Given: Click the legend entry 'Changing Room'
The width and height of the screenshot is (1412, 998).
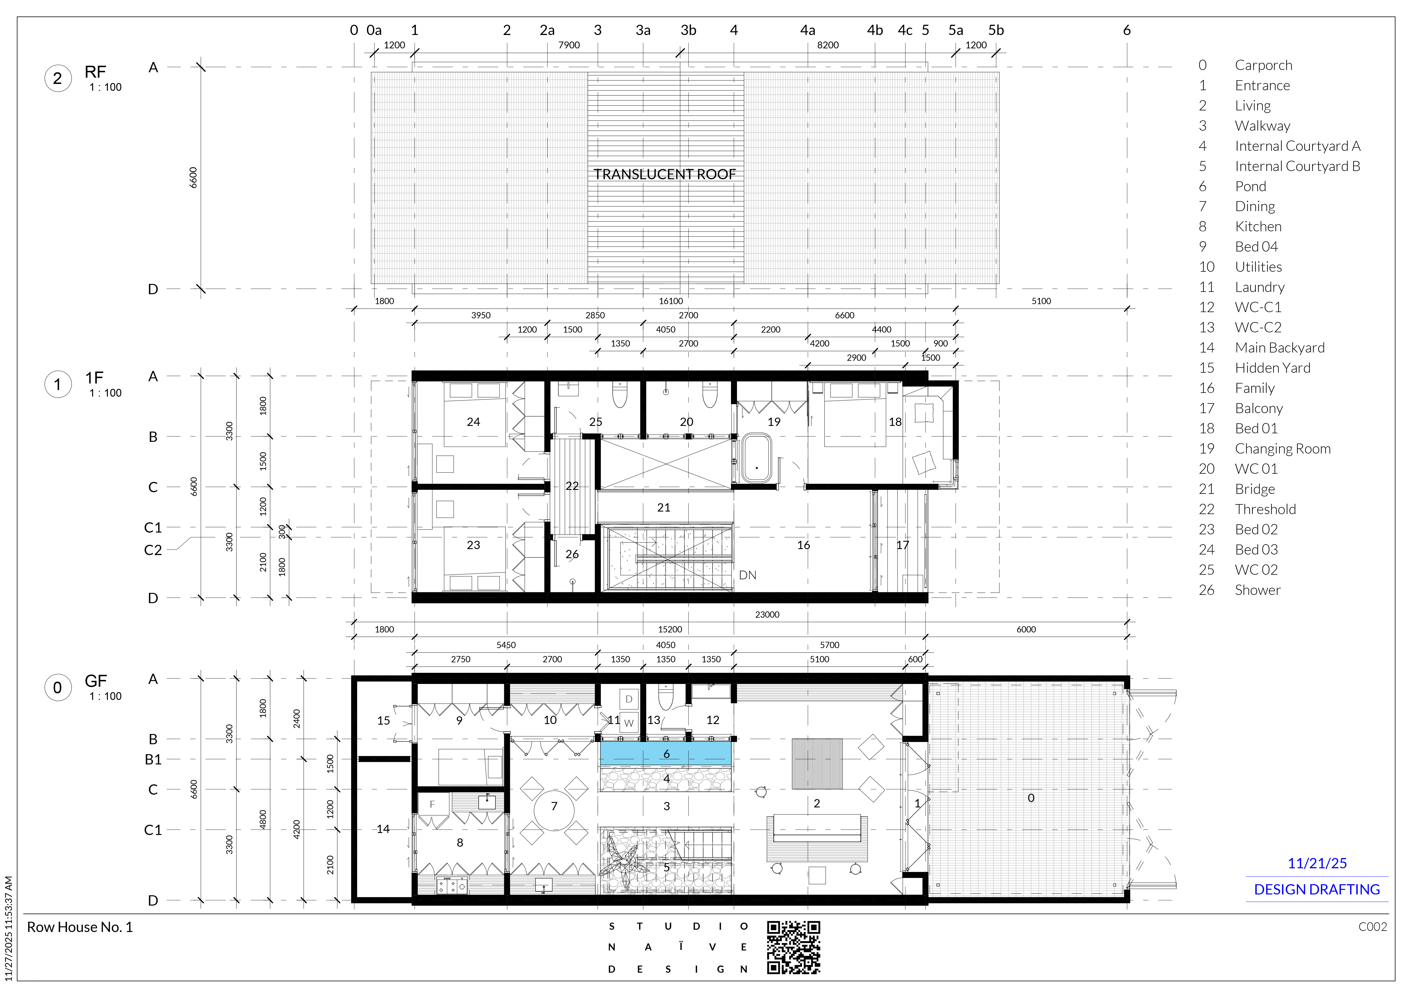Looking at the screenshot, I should pos(1282,449).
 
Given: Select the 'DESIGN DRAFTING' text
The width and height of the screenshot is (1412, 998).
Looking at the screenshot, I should pos(1317,890).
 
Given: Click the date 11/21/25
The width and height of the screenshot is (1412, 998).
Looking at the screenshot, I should pos(1317,863).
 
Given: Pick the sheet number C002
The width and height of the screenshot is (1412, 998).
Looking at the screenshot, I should pos(1372,927).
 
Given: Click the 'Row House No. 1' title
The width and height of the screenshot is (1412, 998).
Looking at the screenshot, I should pos(80,927).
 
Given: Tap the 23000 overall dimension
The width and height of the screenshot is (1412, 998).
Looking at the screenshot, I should pos(767,614).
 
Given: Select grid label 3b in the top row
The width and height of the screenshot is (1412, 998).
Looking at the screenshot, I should pos(688,30).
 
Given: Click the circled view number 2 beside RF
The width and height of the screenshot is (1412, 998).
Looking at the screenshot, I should pos(58,79).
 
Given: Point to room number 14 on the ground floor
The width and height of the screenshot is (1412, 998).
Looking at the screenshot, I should pos(383,829).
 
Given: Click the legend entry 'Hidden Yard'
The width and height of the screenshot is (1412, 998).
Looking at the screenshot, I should pos(1272,368).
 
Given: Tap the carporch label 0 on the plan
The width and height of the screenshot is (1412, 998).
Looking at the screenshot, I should pos(1031,798).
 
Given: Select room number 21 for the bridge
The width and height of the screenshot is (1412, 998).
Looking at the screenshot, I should pos(664,507).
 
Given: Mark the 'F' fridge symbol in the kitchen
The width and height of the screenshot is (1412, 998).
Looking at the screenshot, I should pos(432,804).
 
